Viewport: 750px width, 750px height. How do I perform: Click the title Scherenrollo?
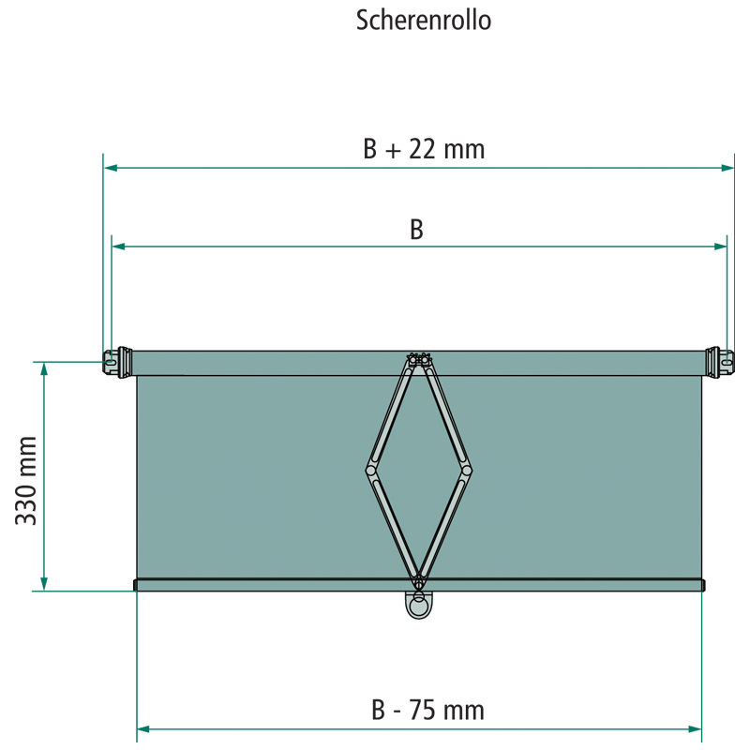click(424, 21)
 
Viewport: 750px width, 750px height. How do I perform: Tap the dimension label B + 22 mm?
click(424, 149)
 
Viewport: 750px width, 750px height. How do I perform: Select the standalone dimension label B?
click(417, 230)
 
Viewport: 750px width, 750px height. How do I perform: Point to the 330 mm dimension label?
click(27, 479)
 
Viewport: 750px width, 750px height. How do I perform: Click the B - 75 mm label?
click(426, 710)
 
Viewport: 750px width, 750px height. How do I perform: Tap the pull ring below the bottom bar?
click(416, 606)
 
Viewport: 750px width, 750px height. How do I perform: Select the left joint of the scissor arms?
click(371, 467)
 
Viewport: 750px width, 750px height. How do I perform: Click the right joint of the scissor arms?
click(466, 467)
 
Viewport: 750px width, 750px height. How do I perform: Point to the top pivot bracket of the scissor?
click(418, 360)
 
